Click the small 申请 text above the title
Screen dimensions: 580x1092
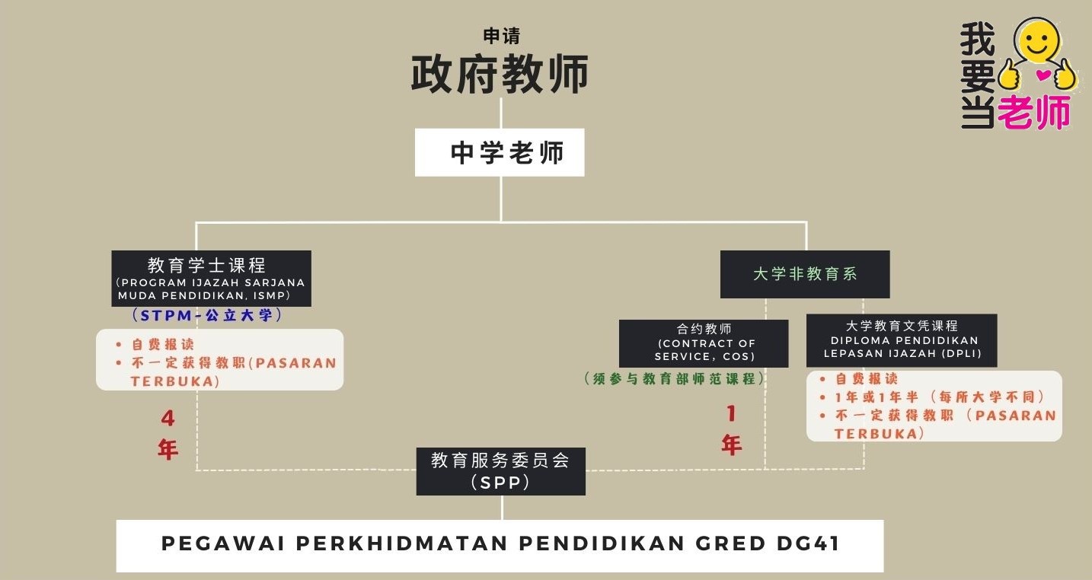click(501, 36)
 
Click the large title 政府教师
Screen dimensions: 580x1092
click(500, 75)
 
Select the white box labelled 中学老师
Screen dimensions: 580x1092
click(500, 153)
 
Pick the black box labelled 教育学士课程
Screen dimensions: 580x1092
click(211, 278)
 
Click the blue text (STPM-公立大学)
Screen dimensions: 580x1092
click(206, 315)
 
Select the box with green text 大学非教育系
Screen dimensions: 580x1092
click(805, 274)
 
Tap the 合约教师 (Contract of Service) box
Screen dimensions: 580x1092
click(704, 343)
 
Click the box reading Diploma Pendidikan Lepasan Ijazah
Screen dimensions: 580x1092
click(902, 340)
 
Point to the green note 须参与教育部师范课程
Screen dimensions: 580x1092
click(675, 378)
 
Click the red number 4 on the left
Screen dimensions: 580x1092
click(168, 419)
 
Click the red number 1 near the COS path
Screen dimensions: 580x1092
click(731, 413)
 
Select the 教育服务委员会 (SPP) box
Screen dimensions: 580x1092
click(500, 470)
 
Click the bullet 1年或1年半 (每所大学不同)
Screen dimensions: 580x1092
click(938, 397)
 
